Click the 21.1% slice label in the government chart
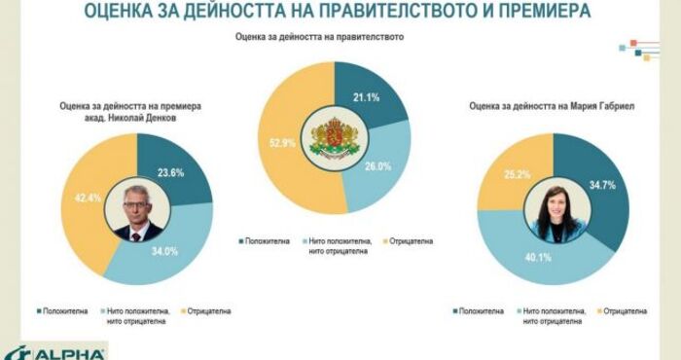click(x=366, y=97)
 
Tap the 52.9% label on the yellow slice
click(x=282, y=142)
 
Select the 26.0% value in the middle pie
click(x=377, y=165)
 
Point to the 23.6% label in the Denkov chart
click(x=170, y=172)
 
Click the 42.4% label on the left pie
click(x=88, y=198)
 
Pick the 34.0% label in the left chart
click(x=164, y=251)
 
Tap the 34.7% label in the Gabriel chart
click(x=602, y=185)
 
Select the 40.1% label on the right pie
click(x=538, y=258)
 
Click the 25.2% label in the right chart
click(x=518, y=174)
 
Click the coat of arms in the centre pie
click(x=335, y=138)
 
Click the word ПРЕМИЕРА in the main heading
click(x=545, y=10)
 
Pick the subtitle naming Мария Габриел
click(x=552, y=106)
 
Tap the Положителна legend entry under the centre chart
click(x=264, y=241)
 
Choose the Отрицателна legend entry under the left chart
click(x=205, y=311)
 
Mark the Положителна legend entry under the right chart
click(x=478, y=311)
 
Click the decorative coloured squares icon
click(x=639, y=50)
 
